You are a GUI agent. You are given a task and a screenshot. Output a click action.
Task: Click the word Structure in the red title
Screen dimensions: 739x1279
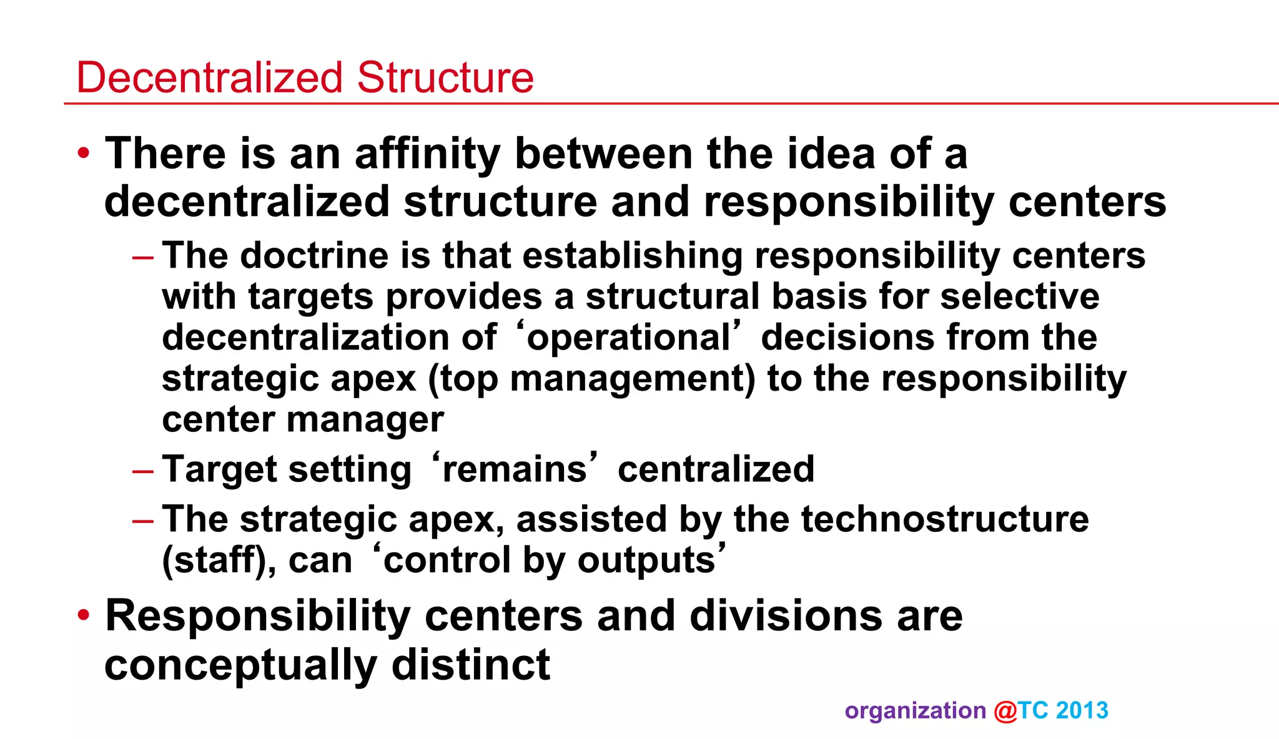pos(445,77)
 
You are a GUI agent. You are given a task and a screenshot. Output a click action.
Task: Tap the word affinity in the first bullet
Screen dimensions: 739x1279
pos(428,154)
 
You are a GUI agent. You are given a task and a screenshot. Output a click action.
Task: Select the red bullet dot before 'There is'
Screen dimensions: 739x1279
pos(84,153)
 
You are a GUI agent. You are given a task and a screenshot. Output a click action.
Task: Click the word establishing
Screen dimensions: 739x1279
pos(633,257)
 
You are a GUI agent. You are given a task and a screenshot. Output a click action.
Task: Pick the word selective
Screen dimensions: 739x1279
pos(1020,296)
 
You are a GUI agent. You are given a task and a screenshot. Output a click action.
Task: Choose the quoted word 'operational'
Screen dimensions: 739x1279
pos(628,338)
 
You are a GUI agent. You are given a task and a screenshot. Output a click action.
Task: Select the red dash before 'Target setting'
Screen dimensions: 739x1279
pos(143,469)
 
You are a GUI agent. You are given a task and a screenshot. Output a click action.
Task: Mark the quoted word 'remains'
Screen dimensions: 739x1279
pos(515,469)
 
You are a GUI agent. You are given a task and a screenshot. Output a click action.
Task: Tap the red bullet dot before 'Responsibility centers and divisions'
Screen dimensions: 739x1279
pos(84,615)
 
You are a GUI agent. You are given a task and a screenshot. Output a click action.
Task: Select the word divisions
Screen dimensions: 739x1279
pos(787,616)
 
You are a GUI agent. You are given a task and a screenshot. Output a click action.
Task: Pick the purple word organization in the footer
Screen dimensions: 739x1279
pos(915,711)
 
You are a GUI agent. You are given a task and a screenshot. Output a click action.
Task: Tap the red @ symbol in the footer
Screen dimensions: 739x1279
pos(1005,711)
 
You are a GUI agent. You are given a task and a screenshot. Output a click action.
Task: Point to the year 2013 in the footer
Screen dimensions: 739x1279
pos(1082,711)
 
